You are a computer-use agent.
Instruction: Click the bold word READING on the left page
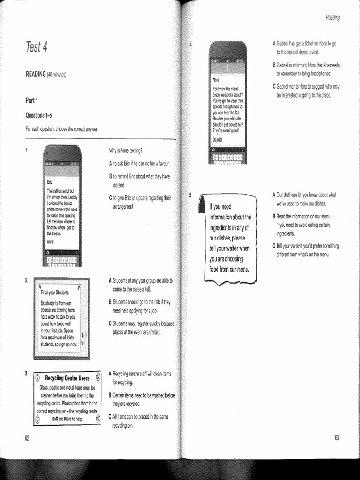(x=36, y=75)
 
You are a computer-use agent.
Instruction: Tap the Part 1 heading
(x=32, y=100)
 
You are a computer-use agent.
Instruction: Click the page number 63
(x=337, y=438)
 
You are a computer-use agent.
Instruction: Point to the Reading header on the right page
(x=332, y=18)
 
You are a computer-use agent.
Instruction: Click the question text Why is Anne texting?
(x=126, y=150)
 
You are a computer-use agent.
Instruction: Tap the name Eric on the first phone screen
(x=51, y=181)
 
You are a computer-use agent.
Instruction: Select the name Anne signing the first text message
(x=51, y=242)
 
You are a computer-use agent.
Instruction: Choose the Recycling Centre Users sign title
(x=67, y=378)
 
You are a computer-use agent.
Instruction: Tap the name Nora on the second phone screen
(x=216, y=80)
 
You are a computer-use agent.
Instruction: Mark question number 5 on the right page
(x=190, y=195)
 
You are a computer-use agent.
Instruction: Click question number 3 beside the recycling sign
(x=27, y=374)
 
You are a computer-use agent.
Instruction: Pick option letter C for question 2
(x=110, y=323)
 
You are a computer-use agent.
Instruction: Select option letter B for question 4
(x=274, y=65)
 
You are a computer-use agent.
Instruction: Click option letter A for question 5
(x=274, y=195)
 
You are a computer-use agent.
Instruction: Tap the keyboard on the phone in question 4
(x=227, y=158)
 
